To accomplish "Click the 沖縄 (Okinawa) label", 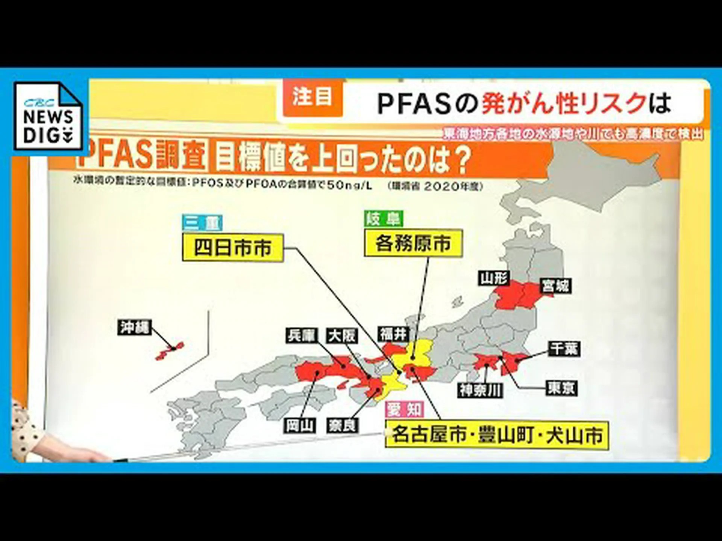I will click(134, 327).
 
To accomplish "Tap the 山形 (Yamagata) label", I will click(494, 278).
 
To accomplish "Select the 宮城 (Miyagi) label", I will click(555, 286).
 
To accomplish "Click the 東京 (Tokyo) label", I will click(561, 388).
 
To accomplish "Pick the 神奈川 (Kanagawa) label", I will click(481, 390).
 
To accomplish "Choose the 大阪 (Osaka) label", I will click(342, 336).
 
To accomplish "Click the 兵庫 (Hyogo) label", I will click(301, 335).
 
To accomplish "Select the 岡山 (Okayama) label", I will click(300, 426).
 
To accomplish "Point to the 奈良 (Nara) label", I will click(342, 426).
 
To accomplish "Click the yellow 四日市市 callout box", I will click(233, 248).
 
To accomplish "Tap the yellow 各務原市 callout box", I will click(413, 243).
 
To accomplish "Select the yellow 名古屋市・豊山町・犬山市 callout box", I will click(496, 435).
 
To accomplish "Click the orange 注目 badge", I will click(312, 97).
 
